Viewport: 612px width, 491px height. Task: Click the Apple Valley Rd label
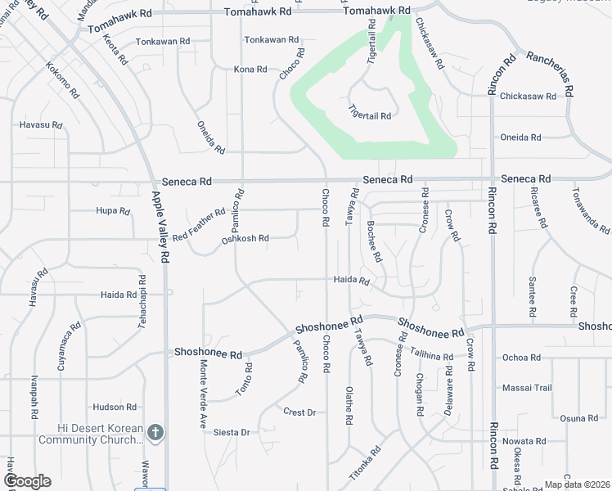(x=160, y=227)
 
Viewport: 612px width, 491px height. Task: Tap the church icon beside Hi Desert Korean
(x=156, y=431)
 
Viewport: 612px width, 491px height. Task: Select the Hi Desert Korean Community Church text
(x=101, y=435)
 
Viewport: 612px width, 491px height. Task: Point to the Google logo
(x=26, y=481)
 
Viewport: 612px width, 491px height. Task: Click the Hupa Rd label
(x=113, y=211)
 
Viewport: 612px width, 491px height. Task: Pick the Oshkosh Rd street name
(x=245, y=239)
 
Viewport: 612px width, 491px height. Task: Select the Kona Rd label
(x=250, y=70)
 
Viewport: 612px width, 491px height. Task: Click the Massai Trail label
(x=527, y=387)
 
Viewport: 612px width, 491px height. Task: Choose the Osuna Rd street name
(x=579, y=418)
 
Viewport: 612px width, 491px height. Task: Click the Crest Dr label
(x=299, y=412)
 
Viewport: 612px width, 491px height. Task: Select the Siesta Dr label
(x=232, y=432)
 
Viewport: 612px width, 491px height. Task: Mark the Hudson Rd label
(x=115, y=407)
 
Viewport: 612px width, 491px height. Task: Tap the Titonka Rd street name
(x=365, y=462)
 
